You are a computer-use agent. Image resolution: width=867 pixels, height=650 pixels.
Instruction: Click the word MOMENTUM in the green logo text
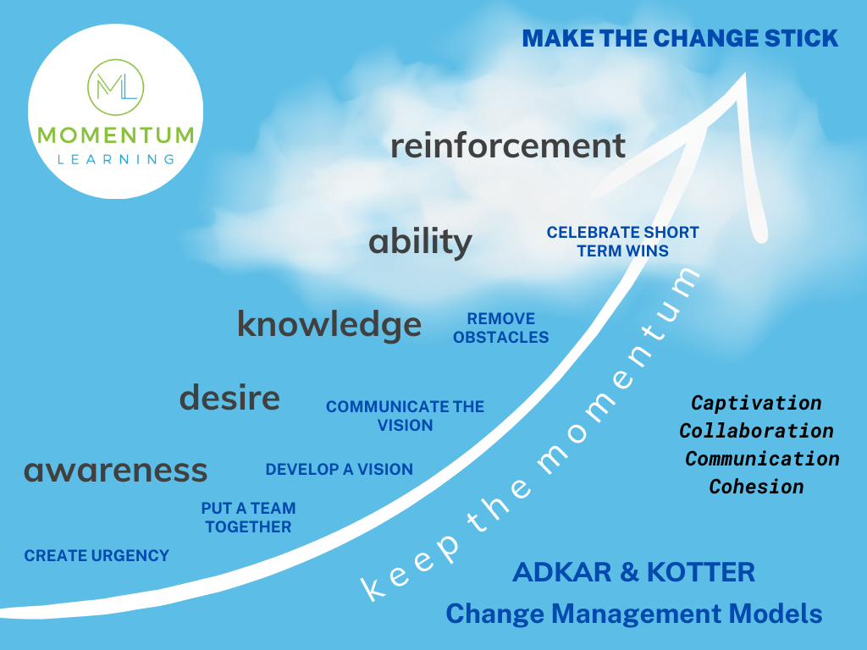[116, 135]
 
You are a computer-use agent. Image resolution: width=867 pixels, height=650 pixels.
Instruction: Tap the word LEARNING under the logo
[116, 158]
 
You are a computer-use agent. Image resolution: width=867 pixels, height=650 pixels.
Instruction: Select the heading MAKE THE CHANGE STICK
[680, 38]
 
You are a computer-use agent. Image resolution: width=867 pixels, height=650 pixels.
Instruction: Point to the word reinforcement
[508, 146]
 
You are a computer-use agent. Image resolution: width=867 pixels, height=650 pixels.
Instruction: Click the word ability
[420, 243]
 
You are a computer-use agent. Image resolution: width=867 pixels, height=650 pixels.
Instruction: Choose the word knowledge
[329, 324]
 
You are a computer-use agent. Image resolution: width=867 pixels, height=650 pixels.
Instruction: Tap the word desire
[229, 397]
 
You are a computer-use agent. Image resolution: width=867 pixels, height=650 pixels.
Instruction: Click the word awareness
[115, 470]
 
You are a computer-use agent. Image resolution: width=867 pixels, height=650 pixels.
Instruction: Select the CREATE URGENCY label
[97, 556]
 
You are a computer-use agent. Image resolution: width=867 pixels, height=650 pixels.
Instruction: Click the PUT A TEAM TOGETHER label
[248, 518]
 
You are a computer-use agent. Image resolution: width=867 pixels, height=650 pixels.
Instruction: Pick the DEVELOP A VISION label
[340, 470]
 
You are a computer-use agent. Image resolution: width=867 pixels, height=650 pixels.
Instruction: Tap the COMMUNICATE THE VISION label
[405, 416]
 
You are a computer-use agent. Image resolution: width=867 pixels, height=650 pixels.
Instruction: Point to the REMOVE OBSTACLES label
[500, 328]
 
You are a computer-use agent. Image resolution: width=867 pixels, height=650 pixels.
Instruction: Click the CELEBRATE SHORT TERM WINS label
[622, 241]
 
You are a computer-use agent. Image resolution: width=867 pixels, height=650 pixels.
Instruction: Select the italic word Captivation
[756, 403]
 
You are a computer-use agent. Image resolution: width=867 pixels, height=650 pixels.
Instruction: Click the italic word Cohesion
[756, 487]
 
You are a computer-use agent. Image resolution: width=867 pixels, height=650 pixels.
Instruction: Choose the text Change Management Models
[634, 613]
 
